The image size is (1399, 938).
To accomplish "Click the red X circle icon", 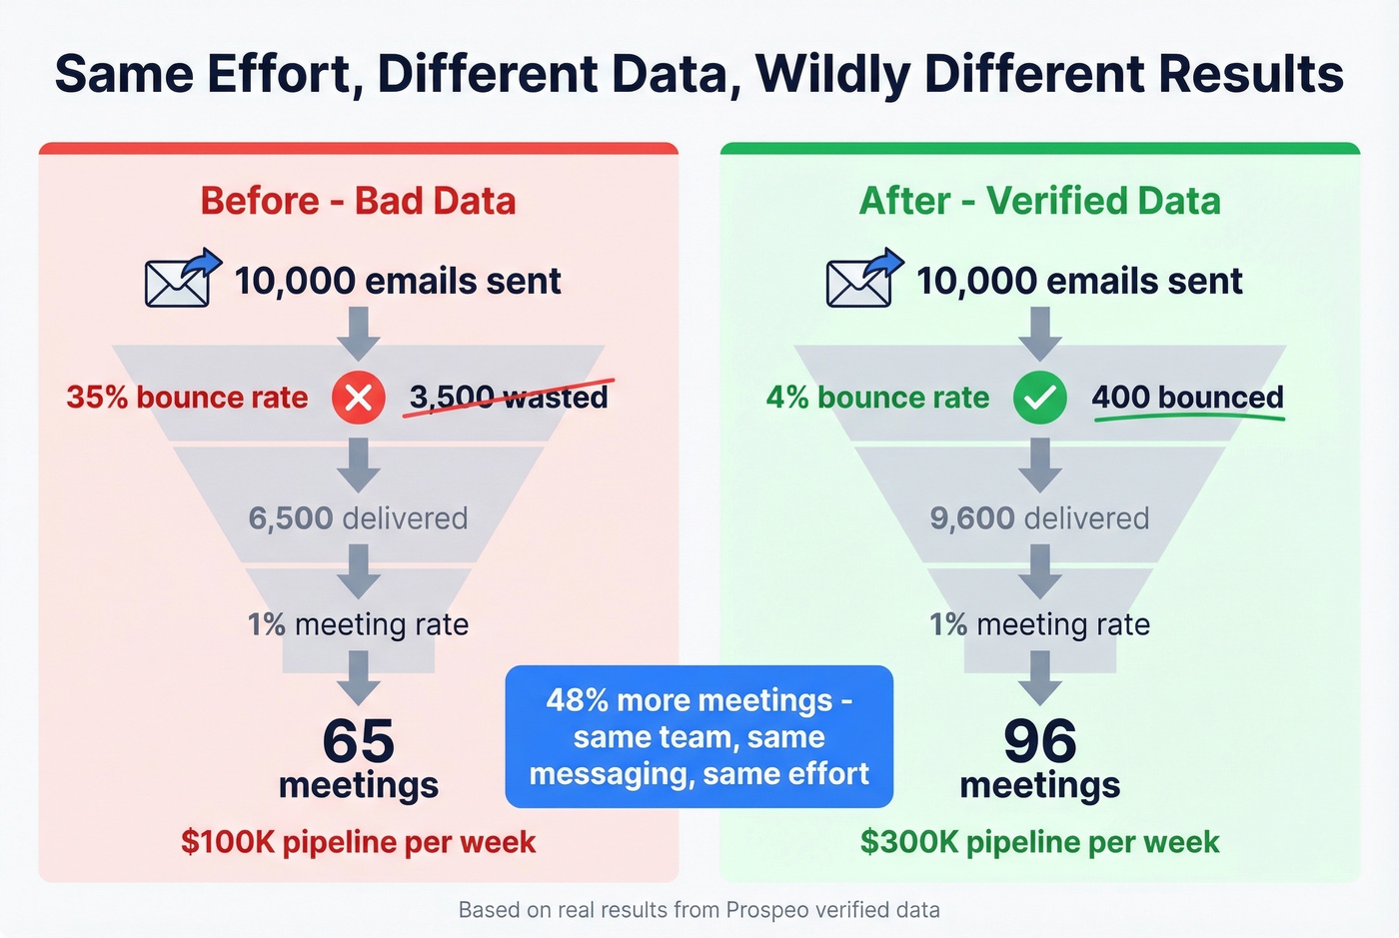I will pos(358,398).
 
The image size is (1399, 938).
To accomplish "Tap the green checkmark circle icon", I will pos(1039,398).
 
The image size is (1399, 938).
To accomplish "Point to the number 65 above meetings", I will pos(359,741).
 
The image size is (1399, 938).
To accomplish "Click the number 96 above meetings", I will pos(1040,741).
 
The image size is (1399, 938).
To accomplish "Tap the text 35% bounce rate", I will pos(187,398).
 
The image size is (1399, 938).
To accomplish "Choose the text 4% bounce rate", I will pos(877,398).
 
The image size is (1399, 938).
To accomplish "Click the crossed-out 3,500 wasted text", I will pos(509,397).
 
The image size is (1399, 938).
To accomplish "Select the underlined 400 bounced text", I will pos(1187,398).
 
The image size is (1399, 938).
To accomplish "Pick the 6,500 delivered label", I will pos(358,518).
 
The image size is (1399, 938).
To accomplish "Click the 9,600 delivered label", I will pos(1039,518).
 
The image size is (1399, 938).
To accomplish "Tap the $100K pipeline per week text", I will pos(358,842).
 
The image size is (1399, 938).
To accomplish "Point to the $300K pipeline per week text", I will pos(1039,842).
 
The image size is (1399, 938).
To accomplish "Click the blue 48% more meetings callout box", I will pos(699,736).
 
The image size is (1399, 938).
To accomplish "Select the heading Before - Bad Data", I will pos(358,201).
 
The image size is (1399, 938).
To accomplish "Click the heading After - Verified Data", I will pos(1039,201).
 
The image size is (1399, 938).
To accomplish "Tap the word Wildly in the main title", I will pos(833,74).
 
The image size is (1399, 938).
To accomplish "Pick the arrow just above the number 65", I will pos(358,677).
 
